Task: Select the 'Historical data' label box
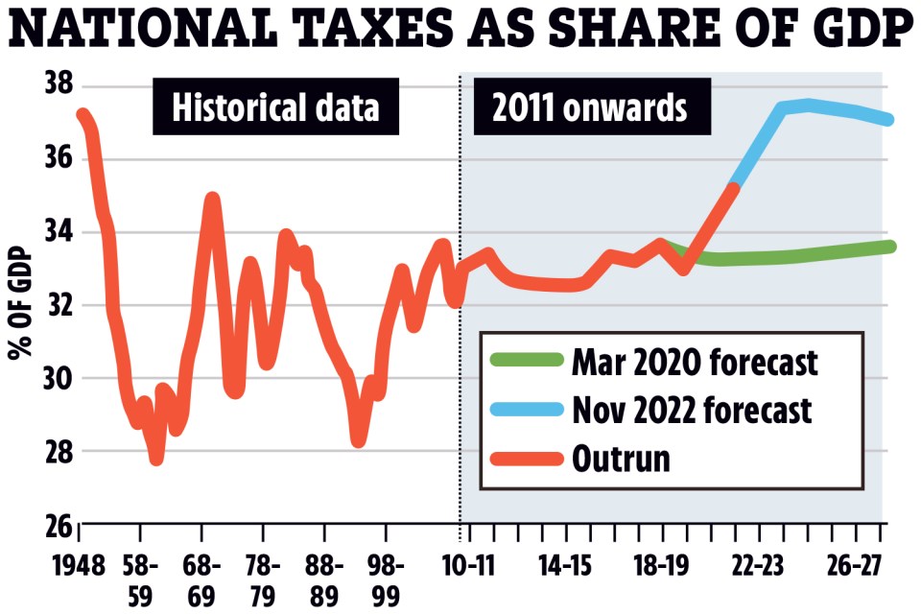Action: tap(275, 107)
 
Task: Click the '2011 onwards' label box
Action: tap(590, 107)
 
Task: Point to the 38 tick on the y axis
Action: tap(59, 84)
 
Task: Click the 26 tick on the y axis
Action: tap(59, 526)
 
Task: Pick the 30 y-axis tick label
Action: tap(59, 378)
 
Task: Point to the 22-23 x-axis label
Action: tap(758, 563)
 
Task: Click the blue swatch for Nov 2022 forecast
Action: tap(527, 411)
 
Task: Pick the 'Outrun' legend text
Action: tap(620, 459)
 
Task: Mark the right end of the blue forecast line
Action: tap(889, 120)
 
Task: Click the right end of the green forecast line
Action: tap(890, 247)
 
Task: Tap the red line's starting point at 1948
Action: tap(83, 115)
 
